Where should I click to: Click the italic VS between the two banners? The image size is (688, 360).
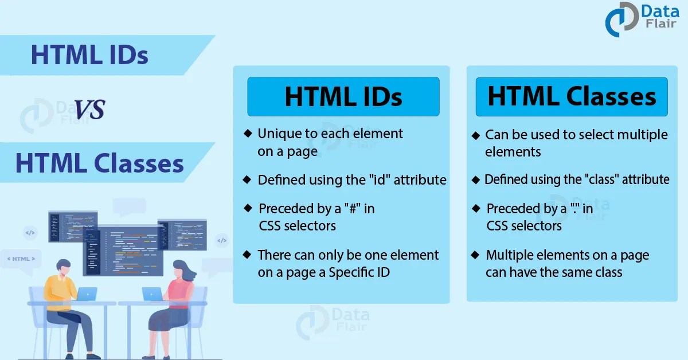pos(89,109)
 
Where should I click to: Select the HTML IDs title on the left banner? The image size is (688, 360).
pos(89,56)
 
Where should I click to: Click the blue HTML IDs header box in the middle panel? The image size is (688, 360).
pos(343,97)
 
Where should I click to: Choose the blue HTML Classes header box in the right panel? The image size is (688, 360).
pos(572,97)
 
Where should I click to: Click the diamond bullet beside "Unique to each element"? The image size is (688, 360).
pos(247,134)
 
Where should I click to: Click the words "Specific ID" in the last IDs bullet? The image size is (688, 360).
pos(359,272)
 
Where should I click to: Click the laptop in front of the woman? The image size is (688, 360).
pos(153,294)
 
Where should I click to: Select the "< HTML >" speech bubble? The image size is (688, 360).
pos(21,259)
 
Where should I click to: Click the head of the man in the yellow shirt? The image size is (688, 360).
pos(63,267)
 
